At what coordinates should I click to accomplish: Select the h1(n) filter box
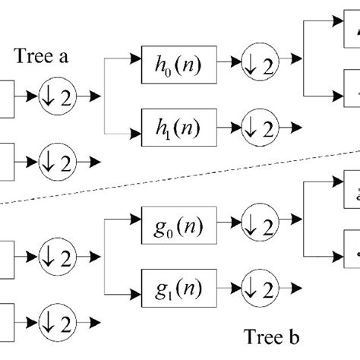point(179,125)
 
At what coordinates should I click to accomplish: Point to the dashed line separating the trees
point(190,180)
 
